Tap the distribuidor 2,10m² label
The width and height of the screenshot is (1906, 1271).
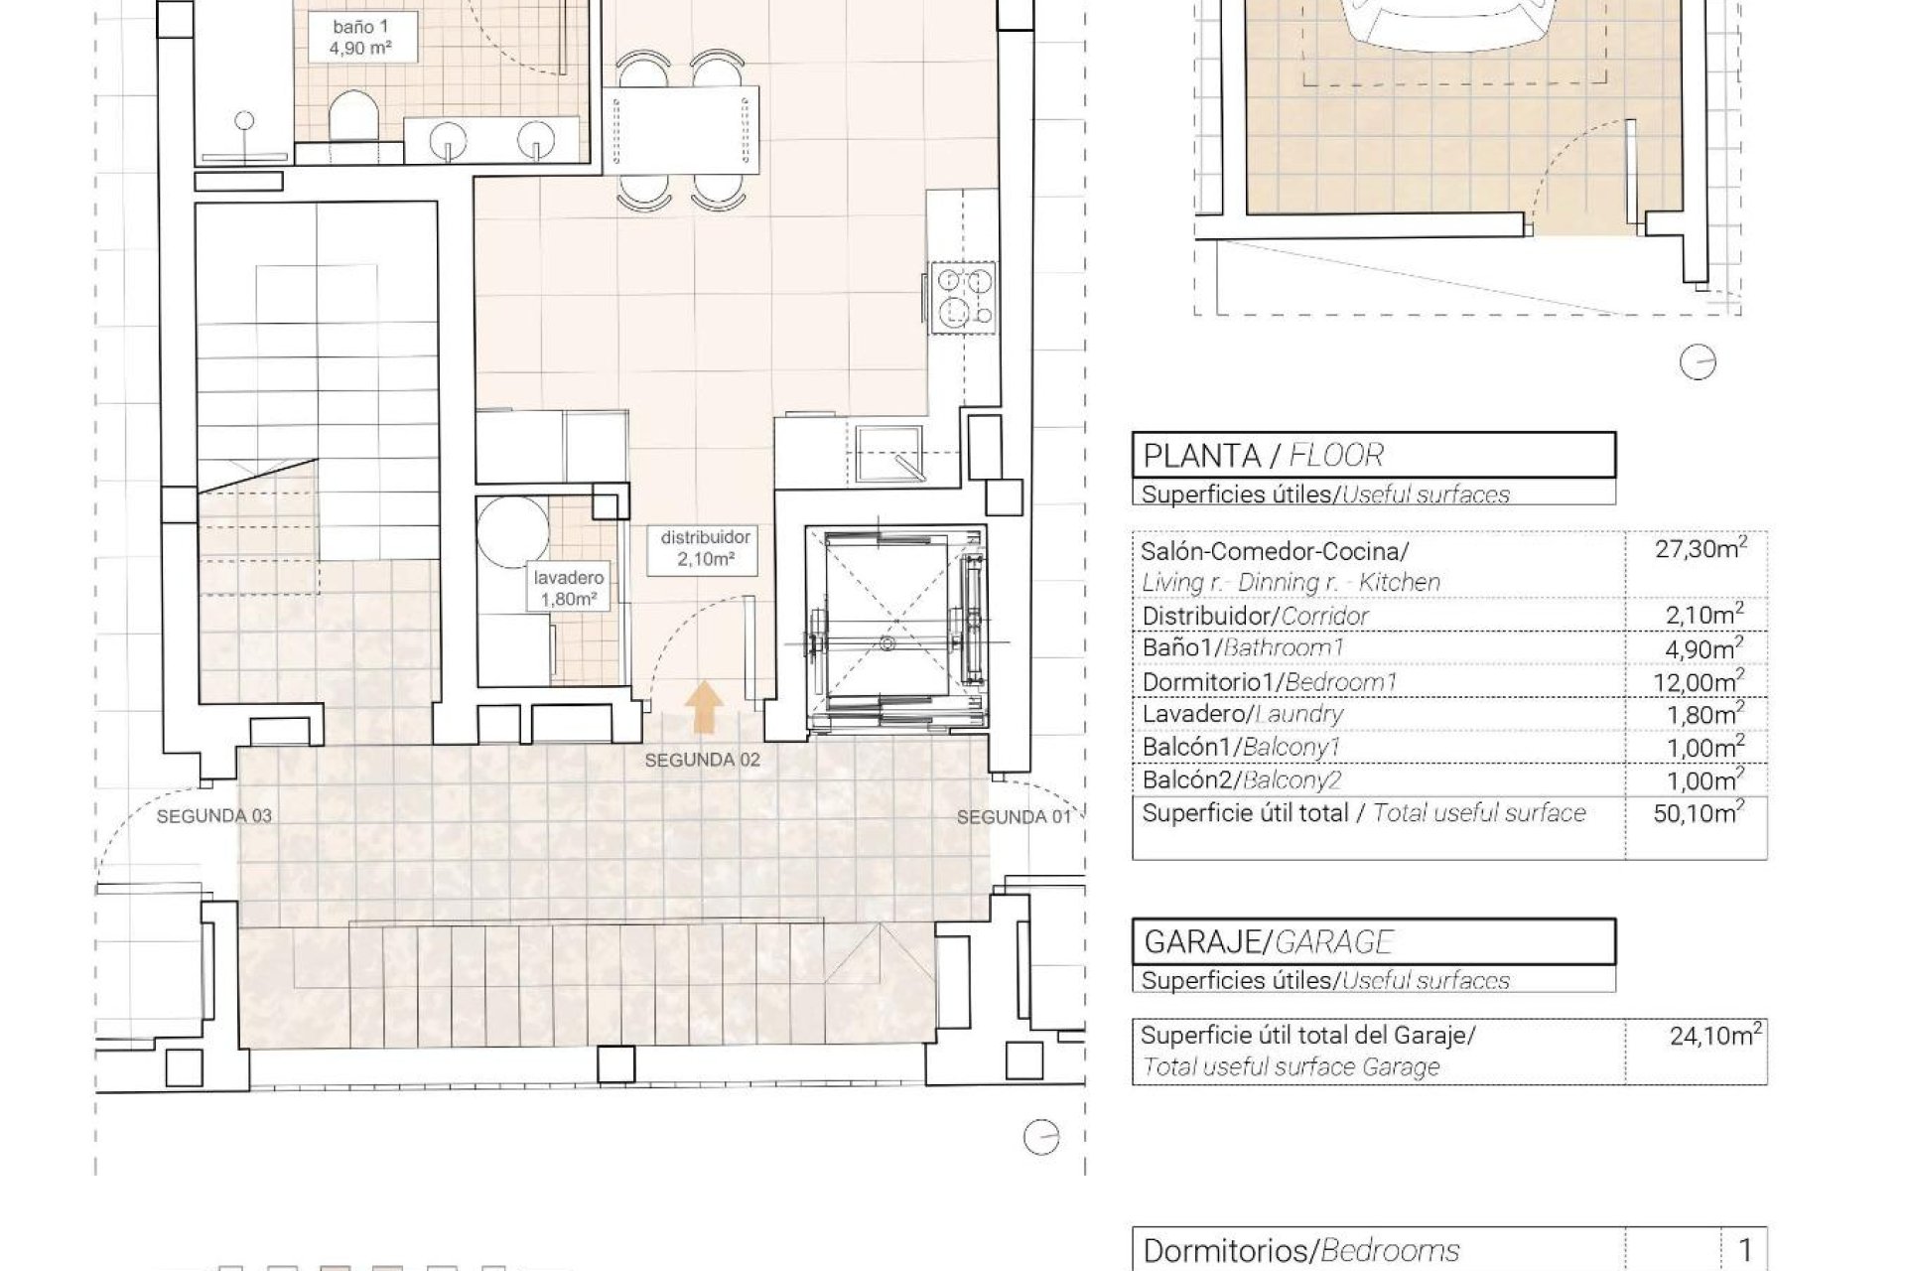[706, 548]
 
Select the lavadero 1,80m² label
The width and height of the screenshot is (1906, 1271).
[568, 588]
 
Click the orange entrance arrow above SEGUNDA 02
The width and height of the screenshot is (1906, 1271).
[705, 707]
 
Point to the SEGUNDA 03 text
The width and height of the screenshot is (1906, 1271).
[213, 816]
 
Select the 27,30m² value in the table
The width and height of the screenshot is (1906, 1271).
[1701, 548]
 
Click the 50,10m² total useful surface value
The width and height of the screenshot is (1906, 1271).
[1701, 814]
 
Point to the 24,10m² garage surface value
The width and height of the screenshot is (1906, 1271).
[1714, 1037]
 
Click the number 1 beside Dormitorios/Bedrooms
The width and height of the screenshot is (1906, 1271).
[1744, 1249]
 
